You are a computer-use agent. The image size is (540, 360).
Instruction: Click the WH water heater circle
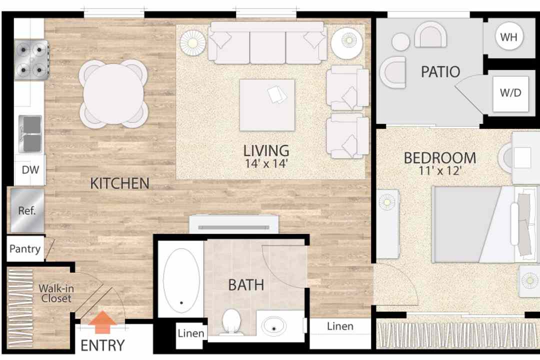[x=508, y=36]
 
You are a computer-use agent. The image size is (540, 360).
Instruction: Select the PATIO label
[x=440, y=71]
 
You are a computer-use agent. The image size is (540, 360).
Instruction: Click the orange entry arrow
[x=102, y=322]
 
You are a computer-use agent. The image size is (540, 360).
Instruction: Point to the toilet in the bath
[x=231, y=322]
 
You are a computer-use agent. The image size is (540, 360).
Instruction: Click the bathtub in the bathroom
[x=181, y=280]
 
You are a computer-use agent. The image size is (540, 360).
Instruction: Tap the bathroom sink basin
[x=274, y=326]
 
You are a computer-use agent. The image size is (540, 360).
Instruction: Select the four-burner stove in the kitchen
[x=31, y=60]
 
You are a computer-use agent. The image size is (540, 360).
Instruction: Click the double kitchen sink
[x=30, y=134]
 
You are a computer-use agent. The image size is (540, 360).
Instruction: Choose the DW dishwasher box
[x=30, y=170]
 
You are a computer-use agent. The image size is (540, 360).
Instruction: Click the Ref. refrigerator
[x=27, y=210]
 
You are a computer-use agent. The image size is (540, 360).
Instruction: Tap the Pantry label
[x=25, y=248]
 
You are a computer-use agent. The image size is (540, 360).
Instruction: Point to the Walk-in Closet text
[x=56, y=293]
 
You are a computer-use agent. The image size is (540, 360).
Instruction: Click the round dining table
[x=113, y=94]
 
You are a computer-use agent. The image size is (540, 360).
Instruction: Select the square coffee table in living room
[x=267, y=105]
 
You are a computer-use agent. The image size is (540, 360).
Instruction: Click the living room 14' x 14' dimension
[x=266, y=163]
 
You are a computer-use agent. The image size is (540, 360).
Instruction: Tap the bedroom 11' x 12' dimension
[x=440, y=170]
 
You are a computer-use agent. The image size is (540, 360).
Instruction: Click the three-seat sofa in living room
[x=267, y=43]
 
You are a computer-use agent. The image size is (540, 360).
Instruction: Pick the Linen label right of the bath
[x=340, y=326]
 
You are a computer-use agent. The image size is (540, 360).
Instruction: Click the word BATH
[x=246, y=285]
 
